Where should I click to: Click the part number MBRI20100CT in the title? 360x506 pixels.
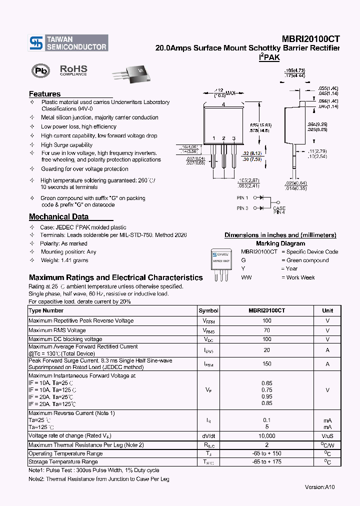(307, 39)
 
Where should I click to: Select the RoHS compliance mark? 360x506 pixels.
(73, 70)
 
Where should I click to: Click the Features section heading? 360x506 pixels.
(44, 94)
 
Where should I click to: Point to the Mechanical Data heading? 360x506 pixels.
(58, 217)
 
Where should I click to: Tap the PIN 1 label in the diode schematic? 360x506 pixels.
(242, 198)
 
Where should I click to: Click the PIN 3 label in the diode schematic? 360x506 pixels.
(242, 208)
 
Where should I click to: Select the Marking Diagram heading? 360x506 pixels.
(280, 243)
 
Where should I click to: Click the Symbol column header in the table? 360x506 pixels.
(208, 310)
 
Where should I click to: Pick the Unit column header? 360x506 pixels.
(327, 310)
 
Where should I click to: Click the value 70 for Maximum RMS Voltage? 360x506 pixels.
(266, 330)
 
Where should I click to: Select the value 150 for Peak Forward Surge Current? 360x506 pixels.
(266, 364)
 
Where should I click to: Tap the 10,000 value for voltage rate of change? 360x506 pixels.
(266, 436)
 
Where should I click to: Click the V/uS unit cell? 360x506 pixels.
(327, 436)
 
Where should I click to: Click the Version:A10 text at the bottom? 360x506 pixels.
(320, 487)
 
